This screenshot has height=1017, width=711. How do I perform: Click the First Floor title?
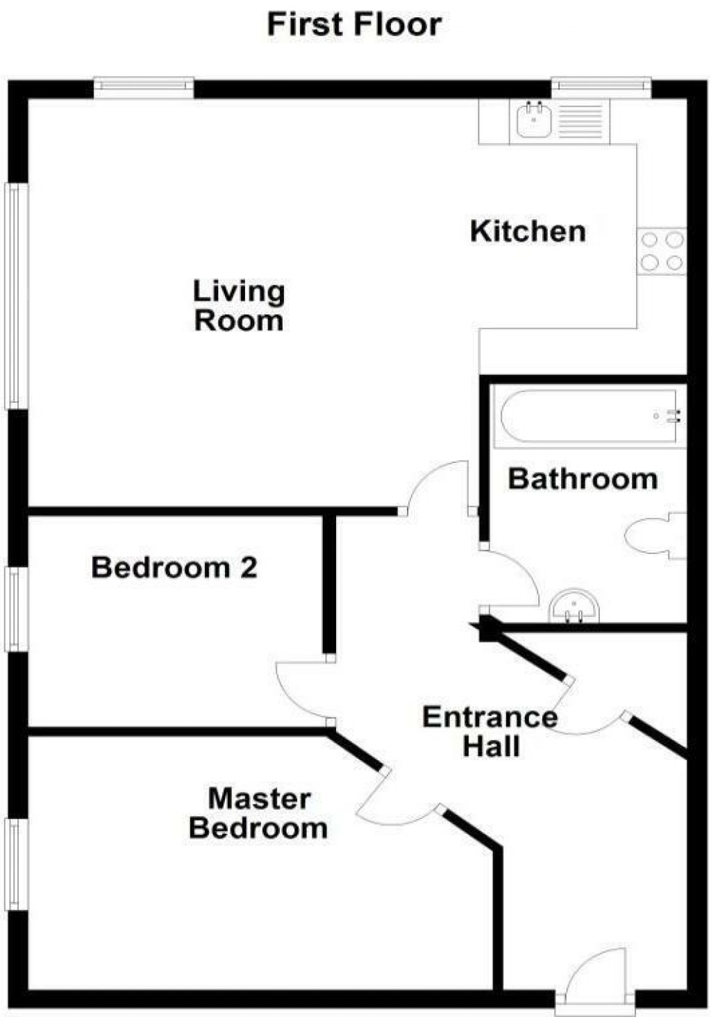[x=354, y=25]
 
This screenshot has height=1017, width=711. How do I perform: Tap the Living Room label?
[x=239, y=306]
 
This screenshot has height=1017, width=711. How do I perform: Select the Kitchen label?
[x=528, y=231]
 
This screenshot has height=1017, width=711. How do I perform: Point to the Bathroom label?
[x=583, y=479]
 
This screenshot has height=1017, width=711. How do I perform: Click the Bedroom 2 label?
[x=174, y=568]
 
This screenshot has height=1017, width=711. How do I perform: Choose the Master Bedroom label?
[x=258, y=814]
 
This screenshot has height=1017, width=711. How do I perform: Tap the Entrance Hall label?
[x=490, y=732]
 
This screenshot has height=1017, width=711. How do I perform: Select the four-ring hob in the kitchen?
[x=662, y=251]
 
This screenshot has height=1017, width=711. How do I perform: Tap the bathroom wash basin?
[x=574, y=607]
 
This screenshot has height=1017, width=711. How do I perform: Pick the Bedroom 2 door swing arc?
[x=300, y=691]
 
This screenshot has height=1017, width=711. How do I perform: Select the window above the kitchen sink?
[x=601, y=87]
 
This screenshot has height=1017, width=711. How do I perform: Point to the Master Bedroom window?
[x=17, y=864]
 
